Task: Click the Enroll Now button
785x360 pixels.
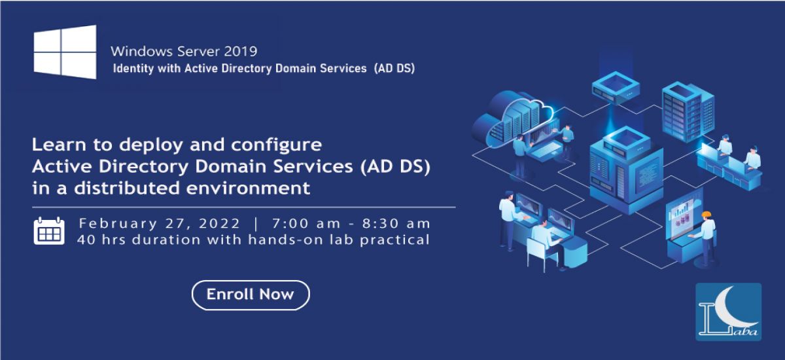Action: coord(250,295)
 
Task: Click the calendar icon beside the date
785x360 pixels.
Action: coord(49,231)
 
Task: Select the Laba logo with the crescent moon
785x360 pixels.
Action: coord(728,312)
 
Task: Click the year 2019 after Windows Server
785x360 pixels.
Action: coord(240,50)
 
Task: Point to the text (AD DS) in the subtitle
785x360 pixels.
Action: coord(394,67)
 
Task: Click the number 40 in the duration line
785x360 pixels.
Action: coord(85,240)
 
